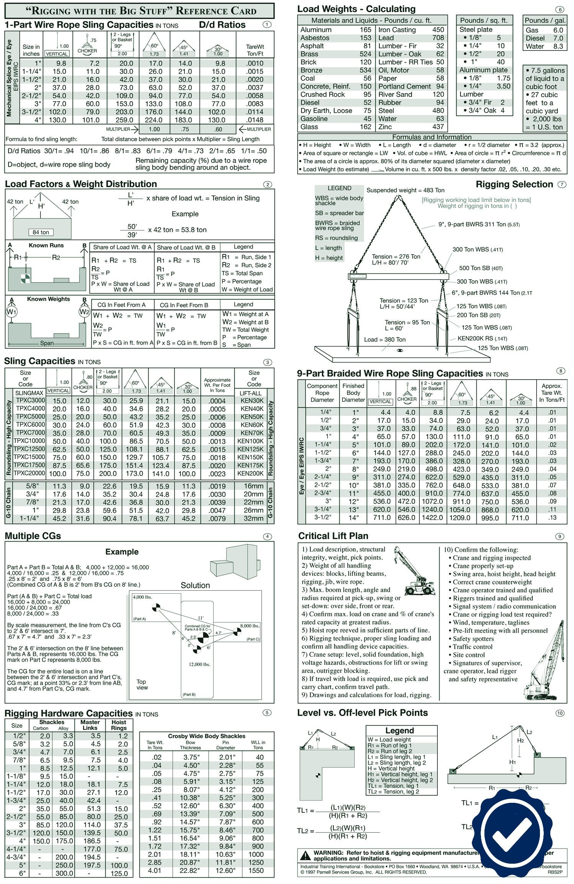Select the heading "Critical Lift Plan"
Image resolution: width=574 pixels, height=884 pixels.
(333, 536)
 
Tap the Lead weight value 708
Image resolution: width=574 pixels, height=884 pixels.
(438, 38)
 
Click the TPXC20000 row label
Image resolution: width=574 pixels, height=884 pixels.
(29, 473)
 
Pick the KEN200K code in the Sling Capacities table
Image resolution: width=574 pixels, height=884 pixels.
(250, 473)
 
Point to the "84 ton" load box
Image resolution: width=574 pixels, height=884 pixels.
(41, 232)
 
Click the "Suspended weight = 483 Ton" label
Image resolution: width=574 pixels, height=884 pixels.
(405, 190)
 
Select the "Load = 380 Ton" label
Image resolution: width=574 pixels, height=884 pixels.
(385, 339)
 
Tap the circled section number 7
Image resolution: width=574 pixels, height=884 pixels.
(561, 185)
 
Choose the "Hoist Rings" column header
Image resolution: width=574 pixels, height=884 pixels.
(119, 725)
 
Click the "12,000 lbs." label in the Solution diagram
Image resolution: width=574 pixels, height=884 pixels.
(199, 664)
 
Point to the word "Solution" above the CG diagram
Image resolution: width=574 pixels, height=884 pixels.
(195, 585)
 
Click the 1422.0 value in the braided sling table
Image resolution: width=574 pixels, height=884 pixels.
(432, 517)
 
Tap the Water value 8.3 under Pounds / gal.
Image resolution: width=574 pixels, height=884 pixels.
(558, 46)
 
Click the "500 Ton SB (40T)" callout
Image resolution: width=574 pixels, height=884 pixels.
(481, 268)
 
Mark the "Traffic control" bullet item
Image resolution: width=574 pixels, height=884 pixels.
(473, 647)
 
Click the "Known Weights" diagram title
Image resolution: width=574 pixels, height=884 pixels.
(48, 299)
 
